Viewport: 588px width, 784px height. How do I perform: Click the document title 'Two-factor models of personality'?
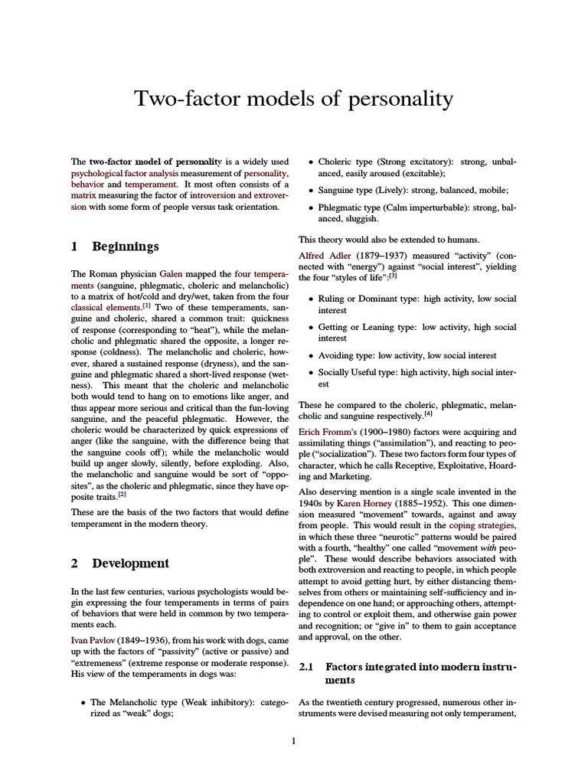[294, 99]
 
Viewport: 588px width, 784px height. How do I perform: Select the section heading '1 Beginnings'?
[115, 247]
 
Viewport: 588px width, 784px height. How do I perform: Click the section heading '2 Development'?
[119, 563]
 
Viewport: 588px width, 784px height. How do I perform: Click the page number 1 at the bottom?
[294, 741]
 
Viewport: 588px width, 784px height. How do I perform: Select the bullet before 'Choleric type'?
[309, 162]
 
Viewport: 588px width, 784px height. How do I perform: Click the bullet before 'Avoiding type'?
[309, 356]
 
